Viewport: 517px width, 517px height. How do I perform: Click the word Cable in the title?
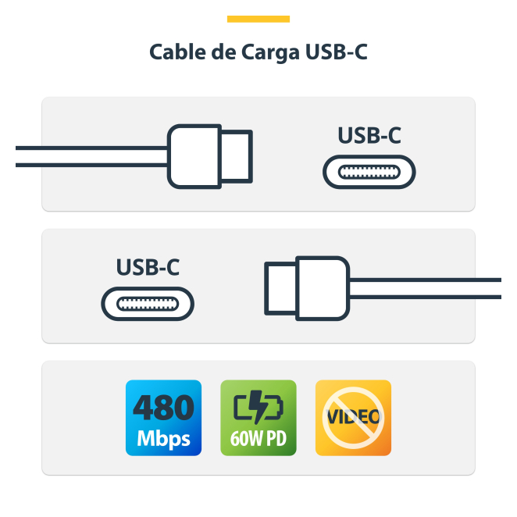pyautogui.click(x=173, y=54)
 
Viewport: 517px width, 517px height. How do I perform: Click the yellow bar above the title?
pyautogui.click(x=258, y=19)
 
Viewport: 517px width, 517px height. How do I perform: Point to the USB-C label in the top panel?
pyautogui.click(x=369, y=136)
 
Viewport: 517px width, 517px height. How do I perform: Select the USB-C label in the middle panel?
pyautogui.click(x=148, y=267)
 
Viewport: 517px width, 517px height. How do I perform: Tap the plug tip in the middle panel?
pyautogui.click(x=280, y=288)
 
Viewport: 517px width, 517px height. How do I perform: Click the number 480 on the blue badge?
pyautogui.click(x=163, y=408)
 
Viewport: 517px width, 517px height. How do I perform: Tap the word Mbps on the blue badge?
pyautogui.click(x=163, y=438)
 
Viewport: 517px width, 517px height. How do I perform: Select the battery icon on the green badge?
pyautogui.click(x=258, y=407)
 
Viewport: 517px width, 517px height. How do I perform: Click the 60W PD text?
pyautogui.click(x=258, y=438)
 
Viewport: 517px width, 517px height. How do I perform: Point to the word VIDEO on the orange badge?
pyautogui.click(x=353, y=415)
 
